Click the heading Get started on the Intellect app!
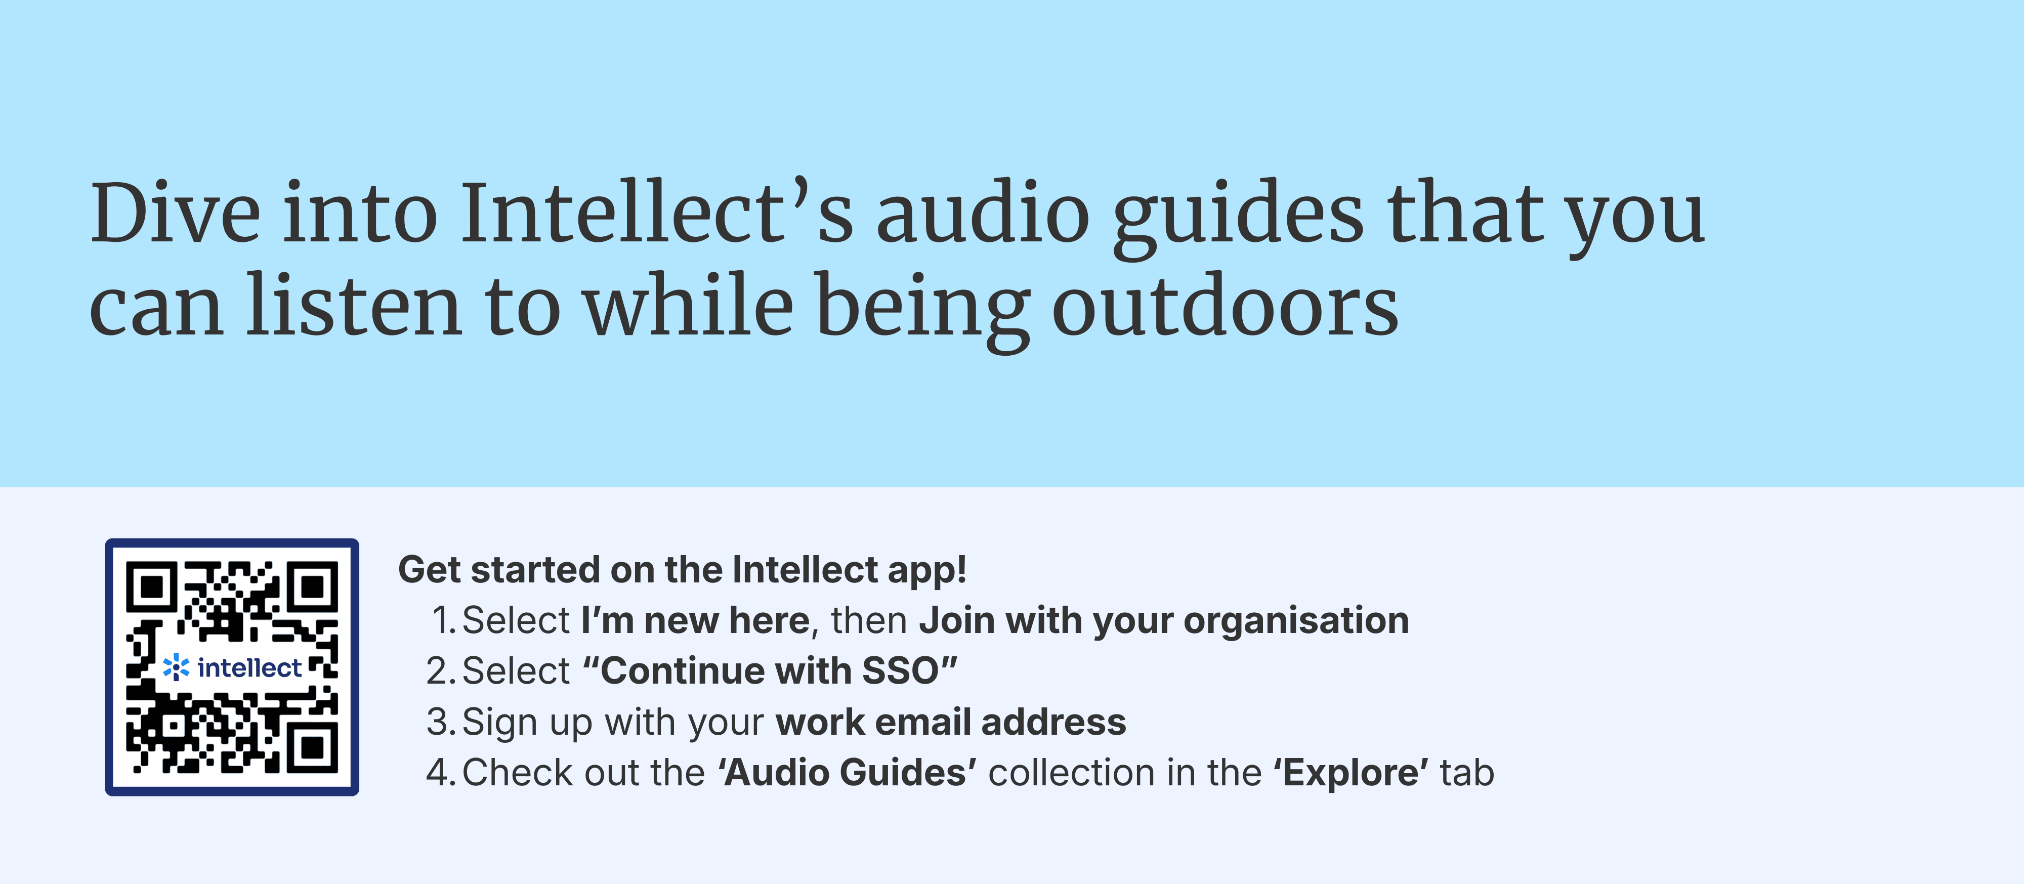pos(682,570)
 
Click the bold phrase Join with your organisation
pos(1164,621)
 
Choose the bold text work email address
pos(951,722)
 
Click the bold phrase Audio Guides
pos(847,772)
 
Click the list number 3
pos(438,722)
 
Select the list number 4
pos(438,772)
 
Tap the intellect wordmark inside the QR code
pos(249,668)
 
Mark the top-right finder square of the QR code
pos(313,586)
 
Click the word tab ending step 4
pos(1467,772)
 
